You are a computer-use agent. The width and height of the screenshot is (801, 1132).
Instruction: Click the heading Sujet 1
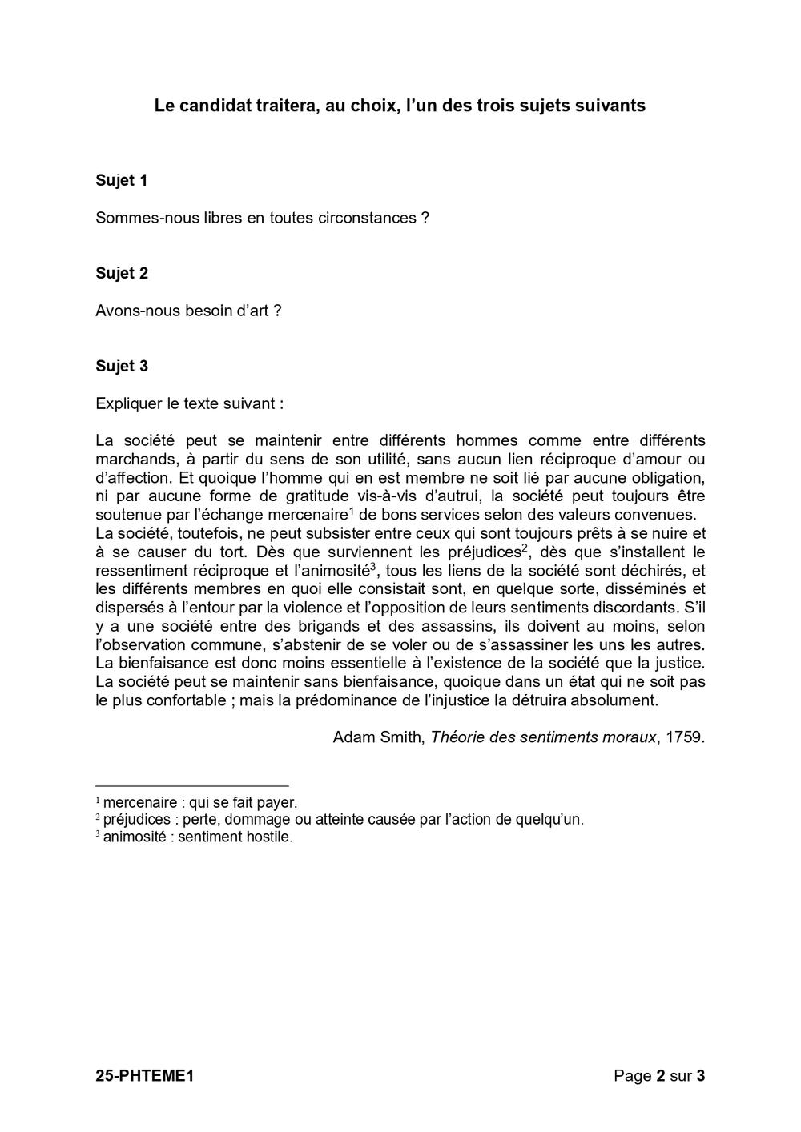121,181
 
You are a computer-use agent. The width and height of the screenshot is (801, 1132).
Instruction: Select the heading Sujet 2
121,274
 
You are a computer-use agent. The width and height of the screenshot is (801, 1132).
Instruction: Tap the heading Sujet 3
121,367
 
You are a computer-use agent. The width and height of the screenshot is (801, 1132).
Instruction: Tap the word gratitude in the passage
298,496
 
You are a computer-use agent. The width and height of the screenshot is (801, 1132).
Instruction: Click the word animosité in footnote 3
135,837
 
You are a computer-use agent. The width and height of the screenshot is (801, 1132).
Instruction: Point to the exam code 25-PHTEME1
145,1076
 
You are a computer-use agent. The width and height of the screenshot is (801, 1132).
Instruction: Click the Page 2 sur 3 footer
659,1076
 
